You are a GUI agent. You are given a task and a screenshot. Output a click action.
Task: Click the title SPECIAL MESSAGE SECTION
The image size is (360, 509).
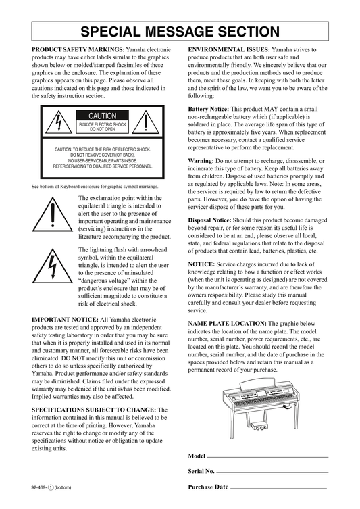click(180, 32)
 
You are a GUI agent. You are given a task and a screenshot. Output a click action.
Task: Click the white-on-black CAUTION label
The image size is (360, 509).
click(103, 116)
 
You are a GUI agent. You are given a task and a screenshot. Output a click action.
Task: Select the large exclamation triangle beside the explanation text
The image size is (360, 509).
click(53, 214)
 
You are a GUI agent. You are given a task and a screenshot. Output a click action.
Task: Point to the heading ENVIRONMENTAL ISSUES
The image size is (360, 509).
click(229, 49)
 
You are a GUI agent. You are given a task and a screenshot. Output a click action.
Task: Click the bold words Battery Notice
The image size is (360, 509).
click(209, 109)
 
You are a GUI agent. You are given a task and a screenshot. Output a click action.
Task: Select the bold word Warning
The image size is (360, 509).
click(201, 161)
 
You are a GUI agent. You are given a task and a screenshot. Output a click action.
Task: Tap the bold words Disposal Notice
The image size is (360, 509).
click(210, 220)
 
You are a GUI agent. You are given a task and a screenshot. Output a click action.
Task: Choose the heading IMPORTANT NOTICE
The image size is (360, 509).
click(66, 320)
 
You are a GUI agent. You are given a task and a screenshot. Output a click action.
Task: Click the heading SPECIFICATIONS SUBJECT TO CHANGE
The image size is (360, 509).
click(94, 410)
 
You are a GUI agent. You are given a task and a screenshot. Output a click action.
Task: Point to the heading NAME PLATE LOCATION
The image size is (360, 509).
click(228, 324)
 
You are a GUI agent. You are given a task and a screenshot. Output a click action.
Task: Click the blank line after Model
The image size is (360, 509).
click(268, 457)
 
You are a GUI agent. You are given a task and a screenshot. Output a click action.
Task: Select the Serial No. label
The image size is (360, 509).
click(201, 471)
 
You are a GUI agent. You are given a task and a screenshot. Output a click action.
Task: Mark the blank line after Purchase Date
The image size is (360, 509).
click(278, 488)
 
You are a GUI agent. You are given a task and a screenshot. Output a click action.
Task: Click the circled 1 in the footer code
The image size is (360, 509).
click(51, 487)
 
